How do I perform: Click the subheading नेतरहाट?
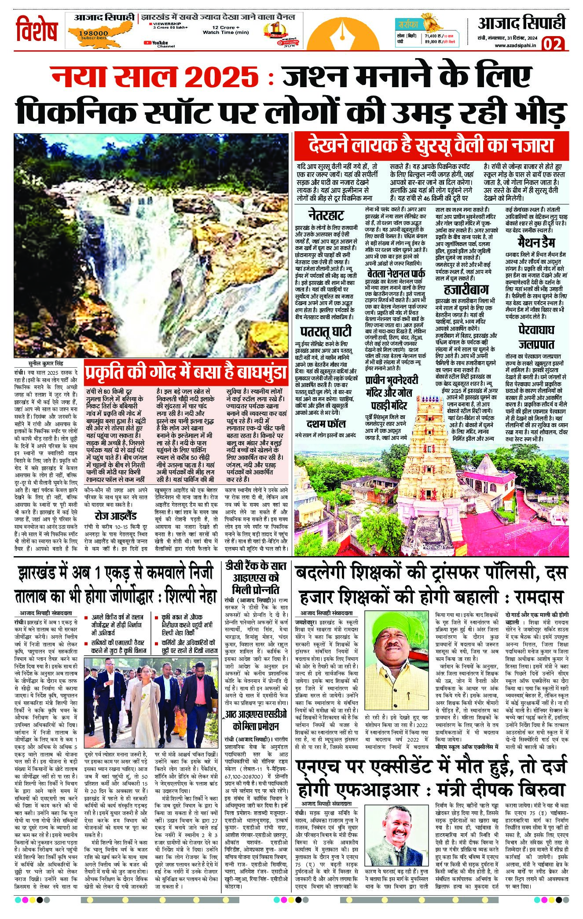coord(323,216)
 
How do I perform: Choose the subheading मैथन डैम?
coord(536,243)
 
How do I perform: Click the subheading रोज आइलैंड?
coord(116,516)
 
